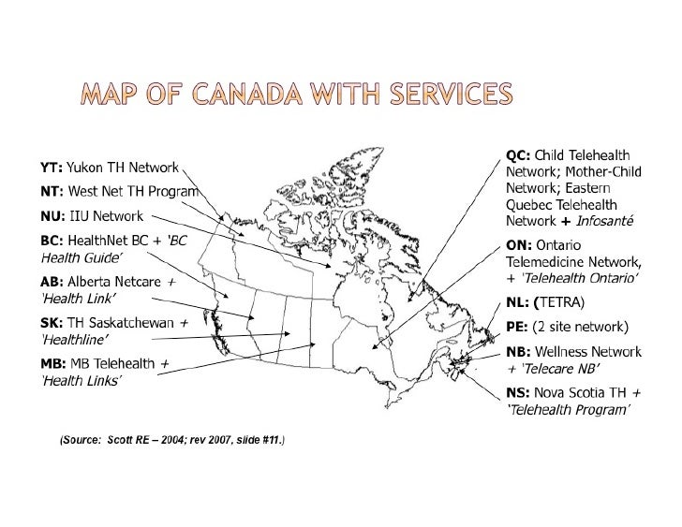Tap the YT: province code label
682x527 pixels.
51,168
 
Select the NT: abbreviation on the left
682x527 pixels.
51,192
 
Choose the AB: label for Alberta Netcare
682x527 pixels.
51,282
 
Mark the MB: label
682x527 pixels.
52,363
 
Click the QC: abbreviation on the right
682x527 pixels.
518,155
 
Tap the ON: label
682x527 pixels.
519,243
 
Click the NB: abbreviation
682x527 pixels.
518,352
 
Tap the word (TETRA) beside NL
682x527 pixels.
559,302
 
